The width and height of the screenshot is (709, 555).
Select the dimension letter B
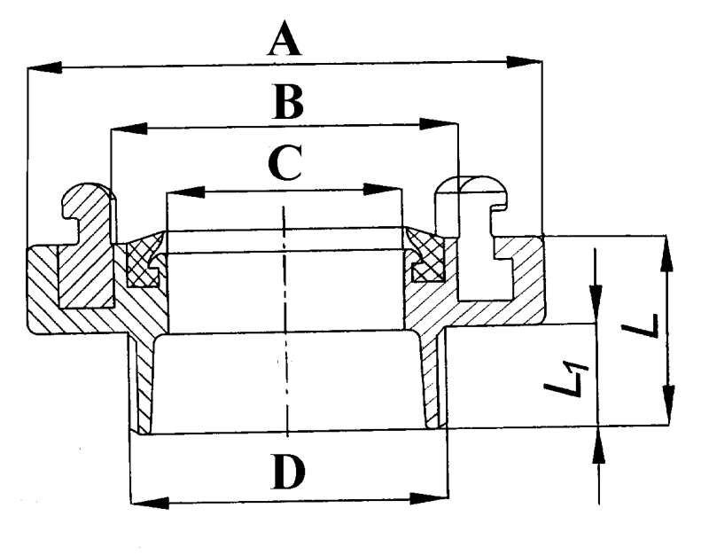coord(287,103)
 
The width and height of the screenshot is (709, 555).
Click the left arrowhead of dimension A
coord(44,66)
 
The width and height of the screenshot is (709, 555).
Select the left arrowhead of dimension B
coord(127,129)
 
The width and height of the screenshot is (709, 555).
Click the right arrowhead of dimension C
coord(386,189)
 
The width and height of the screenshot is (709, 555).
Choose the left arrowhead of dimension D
coord(148,503)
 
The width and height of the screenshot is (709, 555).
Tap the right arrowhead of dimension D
coord(431,501)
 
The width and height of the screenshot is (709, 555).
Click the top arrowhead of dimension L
coord(666,253)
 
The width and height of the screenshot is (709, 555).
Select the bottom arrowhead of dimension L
coord(667,408)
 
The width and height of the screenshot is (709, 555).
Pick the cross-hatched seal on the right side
coord(427,263)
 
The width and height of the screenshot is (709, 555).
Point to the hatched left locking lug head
coord(86,198)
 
